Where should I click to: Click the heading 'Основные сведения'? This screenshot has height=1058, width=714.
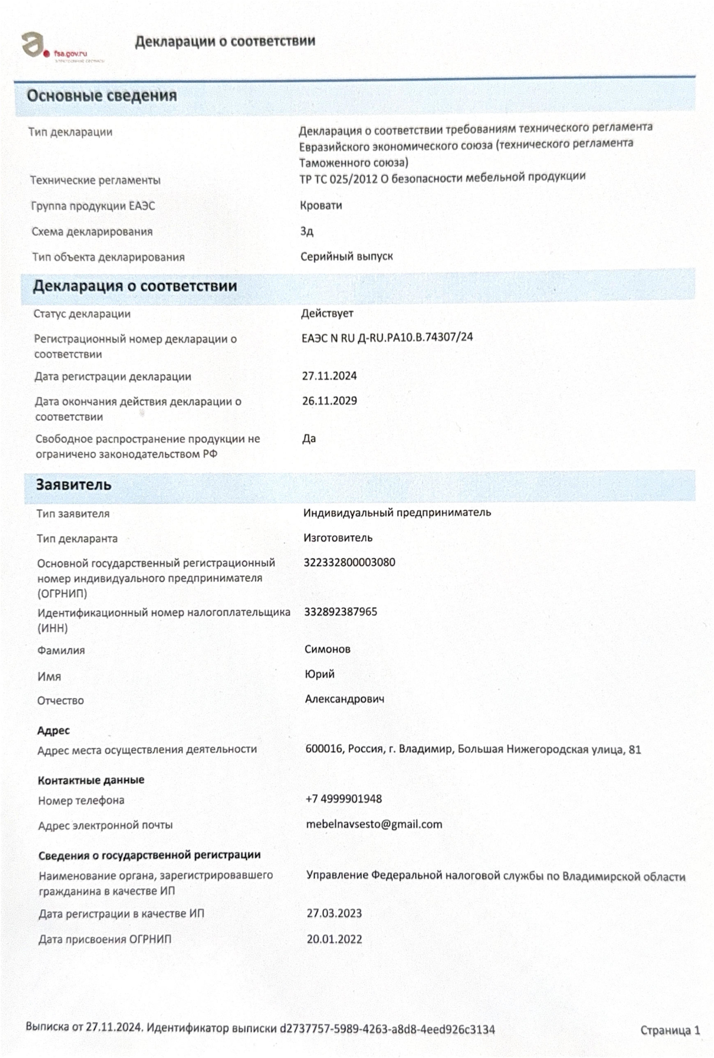(102, 96)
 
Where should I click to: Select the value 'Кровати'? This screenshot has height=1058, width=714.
(321, 206)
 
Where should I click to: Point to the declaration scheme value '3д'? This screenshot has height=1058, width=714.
(307, 231)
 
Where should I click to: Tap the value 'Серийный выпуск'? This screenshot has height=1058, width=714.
(347, 256)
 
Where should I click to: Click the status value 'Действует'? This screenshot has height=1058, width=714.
(327, 314)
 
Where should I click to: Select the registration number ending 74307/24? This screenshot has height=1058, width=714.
(387, 337)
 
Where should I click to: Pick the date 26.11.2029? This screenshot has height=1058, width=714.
(329, 401)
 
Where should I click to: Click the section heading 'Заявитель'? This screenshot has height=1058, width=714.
(74, 485)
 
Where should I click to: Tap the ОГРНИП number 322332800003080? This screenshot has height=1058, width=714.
(349, 563)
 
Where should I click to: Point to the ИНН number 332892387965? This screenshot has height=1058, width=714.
(340, 612)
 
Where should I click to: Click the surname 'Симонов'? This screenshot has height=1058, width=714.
(327, 649)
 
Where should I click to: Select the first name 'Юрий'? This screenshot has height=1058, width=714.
(320, 674)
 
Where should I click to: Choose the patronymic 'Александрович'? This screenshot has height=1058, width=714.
(344, 699)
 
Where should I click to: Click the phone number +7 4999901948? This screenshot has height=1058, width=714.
(344, 799)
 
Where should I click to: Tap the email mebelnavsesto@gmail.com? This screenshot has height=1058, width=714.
(374, 824)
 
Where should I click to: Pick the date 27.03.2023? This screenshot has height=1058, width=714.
(334, 913)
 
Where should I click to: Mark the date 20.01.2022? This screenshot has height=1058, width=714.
(334, 939)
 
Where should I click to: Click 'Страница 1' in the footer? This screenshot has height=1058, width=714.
(670, 1030)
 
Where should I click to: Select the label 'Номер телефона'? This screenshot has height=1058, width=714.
(81, 801)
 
